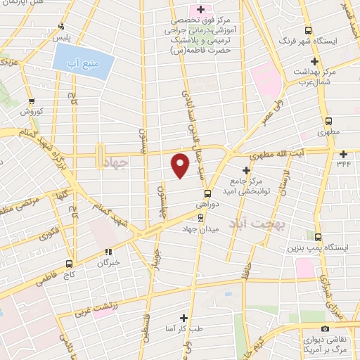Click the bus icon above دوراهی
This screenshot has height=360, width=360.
tap(208, 193)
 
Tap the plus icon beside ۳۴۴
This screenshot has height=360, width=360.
tap(343, 154)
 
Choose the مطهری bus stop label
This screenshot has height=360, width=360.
tap(328, 131)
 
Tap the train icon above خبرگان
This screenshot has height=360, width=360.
tap(108, 251)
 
